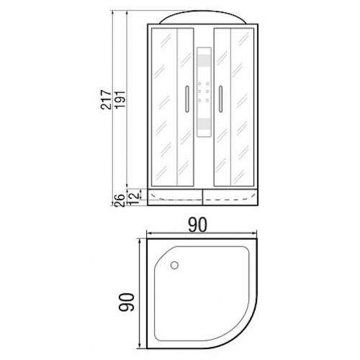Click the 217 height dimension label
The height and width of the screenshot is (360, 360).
point(106,100)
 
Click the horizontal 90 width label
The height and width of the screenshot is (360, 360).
point(197,225)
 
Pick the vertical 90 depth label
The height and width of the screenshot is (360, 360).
point(126,302)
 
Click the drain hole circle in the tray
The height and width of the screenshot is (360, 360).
point(174,265)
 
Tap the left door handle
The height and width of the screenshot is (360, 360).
point(187,99)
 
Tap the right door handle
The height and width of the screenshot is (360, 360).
point(220,99)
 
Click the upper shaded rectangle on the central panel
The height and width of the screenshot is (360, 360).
point(204,60)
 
